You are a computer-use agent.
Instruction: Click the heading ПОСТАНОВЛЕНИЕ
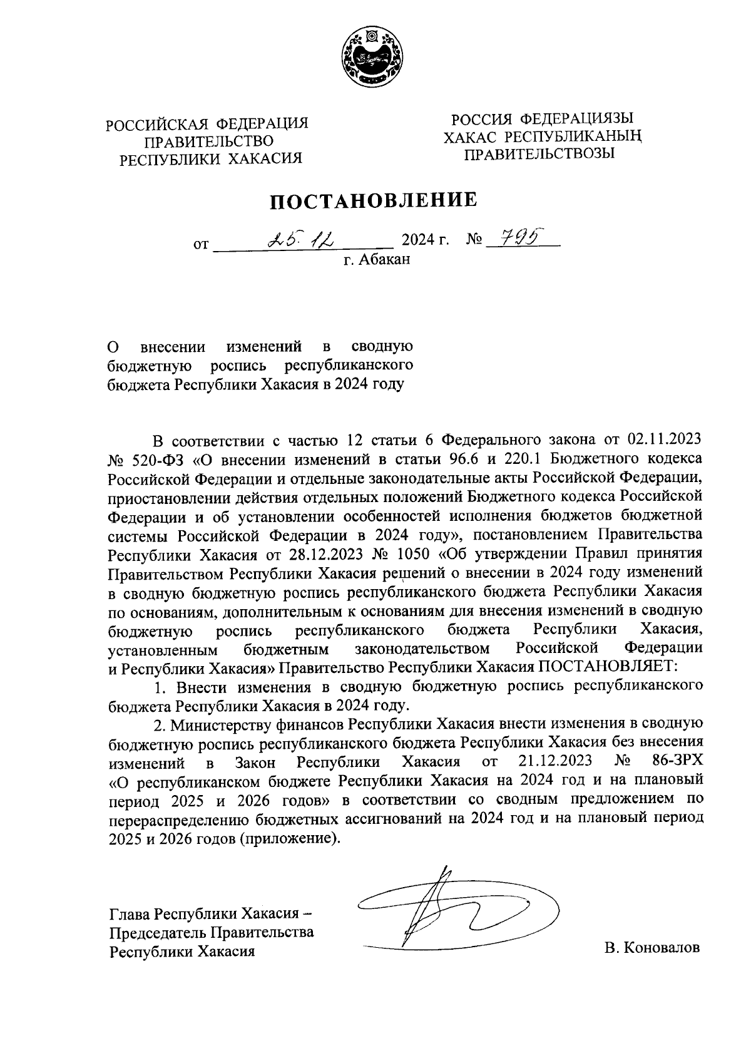click(374, 201)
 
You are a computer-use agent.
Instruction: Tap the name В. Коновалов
click(651, 948)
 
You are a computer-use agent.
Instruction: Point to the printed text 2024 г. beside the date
click(426, 239)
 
